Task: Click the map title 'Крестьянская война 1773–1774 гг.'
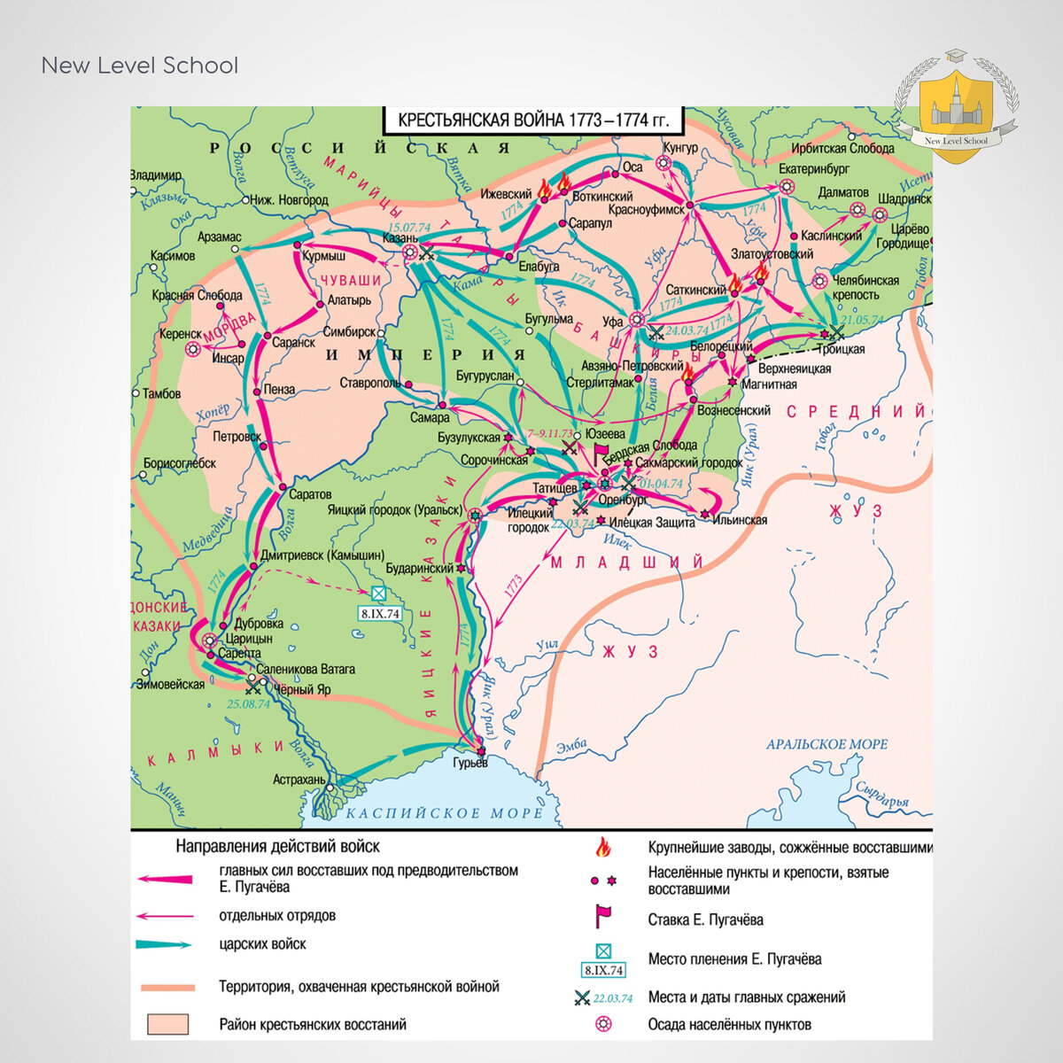click(533, 120)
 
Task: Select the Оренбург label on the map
click(623, 500)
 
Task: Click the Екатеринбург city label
click(814, 167)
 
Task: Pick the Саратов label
click(310, 494)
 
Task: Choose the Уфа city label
click(613, 322)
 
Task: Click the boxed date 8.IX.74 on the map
click(379, 613)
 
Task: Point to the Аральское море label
click(826, 744)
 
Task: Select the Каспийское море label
click(444, 812)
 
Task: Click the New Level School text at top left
click(140, 66)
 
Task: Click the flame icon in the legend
click(603, 848)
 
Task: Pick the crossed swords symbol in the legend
click(583, 997)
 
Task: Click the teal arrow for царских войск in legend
click(165, 944)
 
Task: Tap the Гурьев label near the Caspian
click(469, 764)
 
